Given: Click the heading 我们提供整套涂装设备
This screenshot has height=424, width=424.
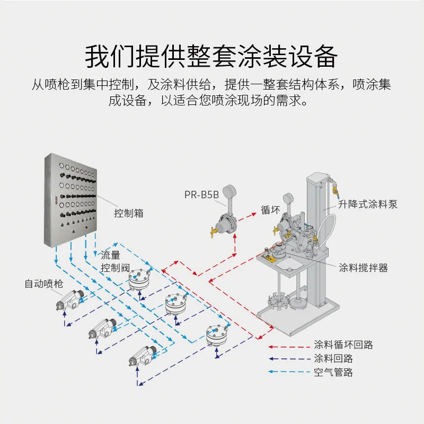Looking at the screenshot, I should pos(211,55).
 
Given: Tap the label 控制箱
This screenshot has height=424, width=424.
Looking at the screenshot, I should pos(129,214).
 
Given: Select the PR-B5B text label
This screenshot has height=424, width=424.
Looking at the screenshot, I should pos(201,195).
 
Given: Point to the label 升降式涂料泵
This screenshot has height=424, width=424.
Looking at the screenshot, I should pos(368,204).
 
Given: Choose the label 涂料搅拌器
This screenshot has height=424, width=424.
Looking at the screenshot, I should pos(364,268).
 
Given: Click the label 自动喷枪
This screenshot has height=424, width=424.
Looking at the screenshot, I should pos(43,284).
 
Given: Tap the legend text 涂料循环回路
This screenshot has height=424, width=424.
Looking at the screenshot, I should pos(343,344).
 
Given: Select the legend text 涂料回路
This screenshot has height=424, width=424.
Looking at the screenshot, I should pos(334,358).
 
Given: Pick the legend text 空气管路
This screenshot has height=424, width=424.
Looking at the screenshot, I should pos(334,372).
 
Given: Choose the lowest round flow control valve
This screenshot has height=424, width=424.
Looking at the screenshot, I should pos(217,334).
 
